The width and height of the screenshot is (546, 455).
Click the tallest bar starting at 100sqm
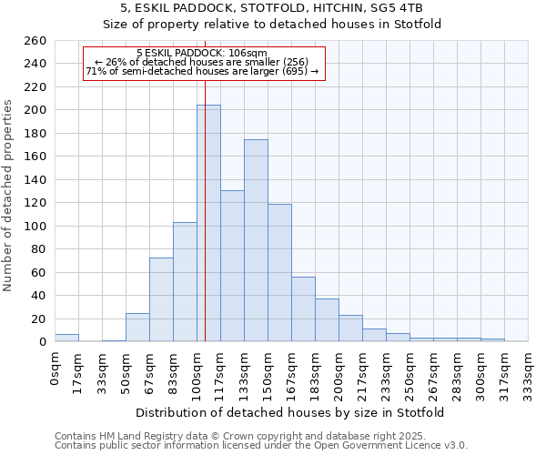(x=208, y=223)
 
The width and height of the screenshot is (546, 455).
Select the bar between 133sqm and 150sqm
(x=256, y=241)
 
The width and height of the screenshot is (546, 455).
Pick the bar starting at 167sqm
(x=303, y=309)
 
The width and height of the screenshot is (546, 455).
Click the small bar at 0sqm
(x=66, y=338)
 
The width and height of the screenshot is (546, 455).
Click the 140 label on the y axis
(x=35, y=180)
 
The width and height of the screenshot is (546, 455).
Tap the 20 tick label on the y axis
(x=39, y=319)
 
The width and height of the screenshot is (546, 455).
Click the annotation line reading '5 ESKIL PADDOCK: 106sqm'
(x=201, y=53)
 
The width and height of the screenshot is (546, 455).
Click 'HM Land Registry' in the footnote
(x=132, y=436)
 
